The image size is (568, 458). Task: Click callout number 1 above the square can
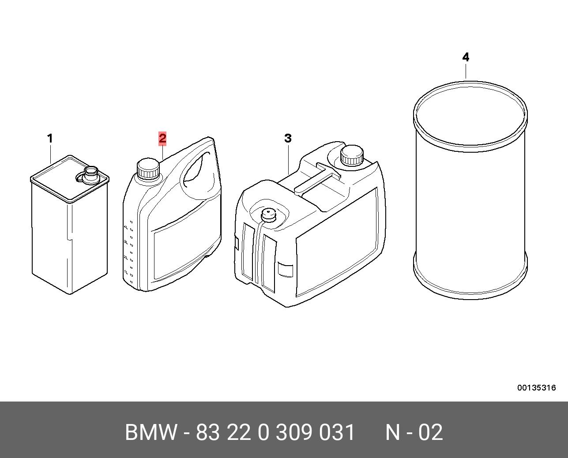(x=50, y=138)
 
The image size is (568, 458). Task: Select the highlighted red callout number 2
(x=162, y=138)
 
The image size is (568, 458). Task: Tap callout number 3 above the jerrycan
(x=288, y=138)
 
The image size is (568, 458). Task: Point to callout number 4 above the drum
(x=466, y=57)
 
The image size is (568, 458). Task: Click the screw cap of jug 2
(x=148, y=169)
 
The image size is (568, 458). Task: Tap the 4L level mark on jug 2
(x=126, y=227)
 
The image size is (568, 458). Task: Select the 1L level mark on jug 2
(x=126, y=272)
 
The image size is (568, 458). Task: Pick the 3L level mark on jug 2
(x=126, y=242)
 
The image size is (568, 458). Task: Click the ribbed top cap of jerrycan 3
(x=352, y=155)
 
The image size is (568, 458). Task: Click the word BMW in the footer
(x=151, y=432)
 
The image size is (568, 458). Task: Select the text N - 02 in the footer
(x=414, y=432)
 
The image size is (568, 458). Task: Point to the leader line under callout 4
(x=466, y=71)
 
